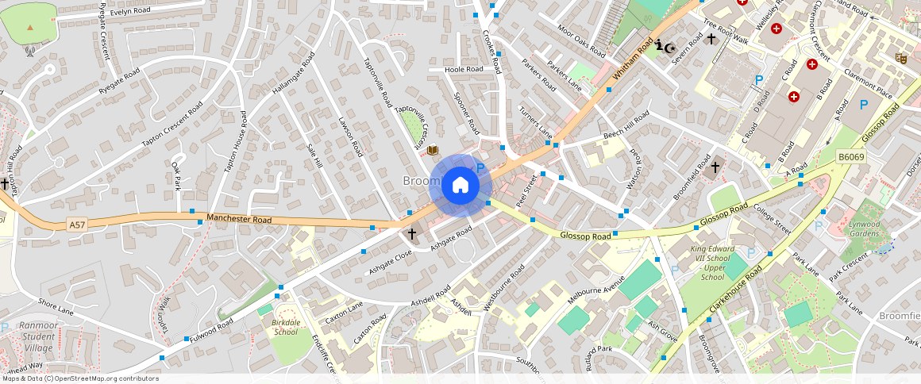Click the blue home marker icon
[x=460, y=186]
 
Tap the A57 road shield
[x=76, y=225]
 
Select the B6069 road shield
[x=850, y=159]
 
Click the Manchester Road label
[x=239, y=219]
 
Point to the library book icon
[x=433, y=151]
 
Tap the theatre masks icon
[x=900, y=58]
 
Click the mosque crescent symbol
[x=672, y=48]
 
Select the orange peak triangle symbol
[x=30, y=27]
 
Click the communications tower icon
[x=29, y=51]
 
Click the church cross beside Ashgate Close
[x=411, y=233]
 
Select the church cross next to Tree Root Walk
[x=711, y=38]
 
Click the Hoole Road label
[x=464, y=70]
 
